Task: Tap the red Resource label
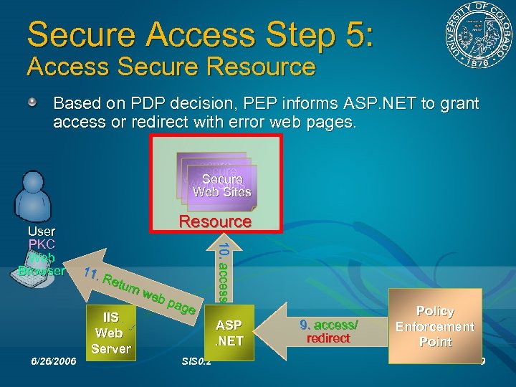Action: coord(215,221)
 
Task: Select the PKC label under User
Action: coord(41,244)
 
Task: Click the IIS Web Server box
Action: coord(110,333)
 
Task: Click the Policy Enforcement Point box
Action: coord(435,327)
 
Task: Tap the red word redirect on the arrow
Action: coord(328,338)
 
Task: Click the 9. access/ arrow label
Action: coord(328,324)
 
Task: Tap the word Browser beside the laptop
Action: coord(42,271)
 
